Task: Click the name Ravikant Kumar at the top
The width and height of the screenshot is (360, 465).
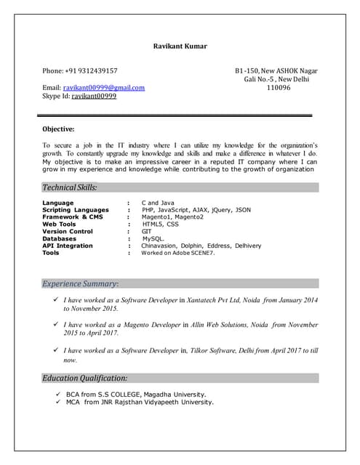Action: tap(180, 46)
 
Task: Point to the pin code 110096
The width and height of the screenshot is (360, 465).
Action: tap(279, 87)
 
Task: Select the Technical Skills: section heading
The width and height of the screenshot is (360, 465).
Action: tap(70, 187)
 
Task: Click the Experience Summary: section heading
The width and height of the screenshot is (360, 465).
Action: tap(80, 283)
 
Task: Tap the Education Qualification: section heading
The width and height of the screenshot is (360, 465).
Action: tap(85, 378)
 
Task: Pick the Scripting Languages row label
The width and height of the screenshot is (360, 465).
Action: tap(76, 210)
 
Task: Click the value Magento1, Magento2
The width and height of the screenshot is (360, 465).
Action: tap(173, 217)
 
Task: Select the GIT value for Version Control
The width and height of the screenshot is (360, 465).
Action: tap(146, 232)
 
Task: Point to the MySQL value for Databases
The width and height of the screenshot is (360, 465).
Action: tap(153, 238)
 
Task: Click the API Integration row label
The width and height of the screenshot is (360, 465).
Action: tap(68, 246)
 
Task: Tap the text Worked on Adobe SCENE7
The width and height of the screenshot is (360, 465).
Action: tap(178, 253)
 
